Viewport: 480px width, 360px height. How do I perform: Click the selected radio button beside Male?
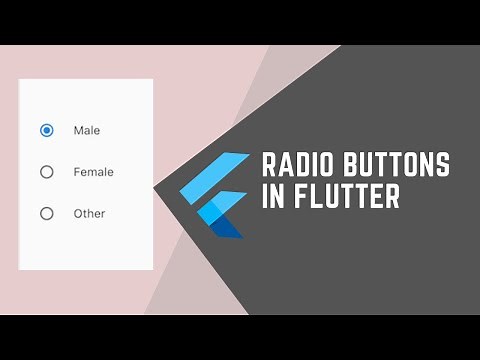tap(46, 130)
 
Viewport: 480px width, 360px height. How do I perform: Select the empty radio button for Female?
tap(46, 172)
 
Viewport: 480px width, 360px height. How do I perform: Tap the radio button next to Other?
tap(46, 213)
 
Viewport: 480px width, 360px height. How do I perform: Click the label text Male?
tap(87, 130)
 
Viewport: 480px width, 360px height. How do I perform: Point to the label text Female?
tap(93, 172)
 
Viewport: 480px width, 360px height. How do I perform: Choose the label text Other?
tap(89, 213)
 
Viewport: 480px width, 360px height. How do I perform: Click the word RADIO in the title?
tap(297, 165)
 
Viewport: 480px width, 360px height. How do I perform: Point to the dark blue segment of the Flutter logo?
tap(228, 228)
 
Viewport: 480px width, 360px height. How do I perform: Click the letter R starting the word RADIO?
tap(268, 165)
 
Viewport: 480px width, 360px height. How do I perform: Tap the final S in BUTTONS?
tap(442, 165)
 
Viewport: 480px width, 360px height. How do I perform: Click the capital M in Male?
tap(78, 130)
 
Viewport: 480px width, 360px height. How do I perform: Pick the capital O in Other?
tap(78, 213)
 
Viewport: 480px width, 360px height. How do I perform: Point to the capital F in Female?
tap(77, 172)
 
